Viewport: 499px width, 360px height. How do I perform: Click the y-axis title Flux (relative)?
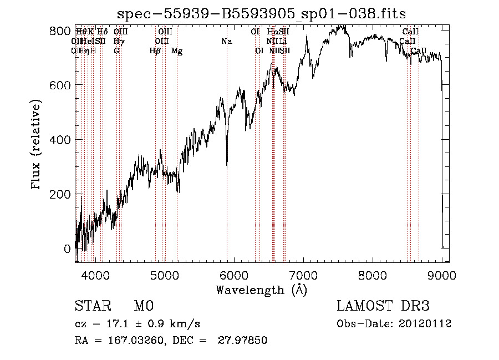[x=37, y=145]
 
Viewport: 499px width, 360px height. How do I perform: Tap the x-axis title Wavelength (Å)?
[x=261, y=290]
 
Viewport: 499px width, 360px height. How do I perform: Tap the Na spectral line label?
[x=226, y=42]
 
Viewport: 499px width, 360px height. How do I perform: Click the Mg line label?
[x=177, y=51]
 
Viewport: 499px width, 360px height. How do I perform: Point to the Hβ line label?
[x=155, y=51]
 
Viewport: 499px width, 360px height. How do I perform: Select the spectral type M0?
[x=143, y=307]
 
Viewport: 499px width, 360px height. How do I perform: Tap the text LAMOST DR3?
[x=383, y=307]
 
